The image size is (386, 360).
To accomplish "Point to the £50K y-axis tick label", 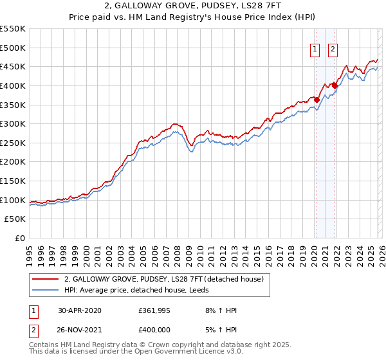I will click(15, 219).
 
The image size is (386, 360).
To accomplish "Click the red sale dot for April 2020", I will click(317, 100).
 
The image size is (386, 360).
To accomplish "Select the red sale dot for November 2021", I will click(335, 85).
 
